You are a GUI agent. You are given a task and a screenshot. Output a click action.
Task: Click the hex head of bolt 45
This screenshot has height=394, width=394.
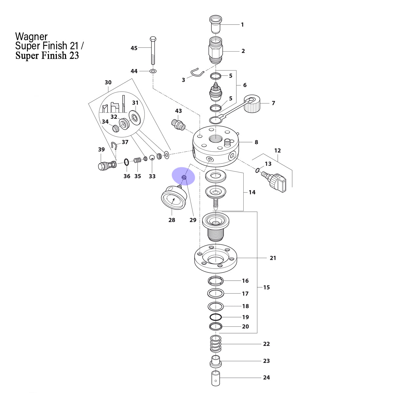click(x=153, y=39)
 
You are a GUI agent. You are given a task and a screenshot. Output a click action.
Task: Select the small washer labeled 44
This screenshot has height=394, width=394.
click(x=153, y=71)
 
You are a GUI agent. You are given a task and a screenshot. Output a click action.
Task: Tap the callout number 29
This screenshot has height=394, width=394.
click(x=193, y=220)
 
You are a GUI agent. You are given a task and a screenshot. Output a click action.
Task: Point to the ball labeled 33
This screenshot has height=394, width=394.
click(x=152, y=158)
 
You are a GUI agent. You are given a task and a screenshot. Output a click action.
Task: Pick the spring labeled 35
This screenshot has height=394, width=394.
click(x=138, y=160)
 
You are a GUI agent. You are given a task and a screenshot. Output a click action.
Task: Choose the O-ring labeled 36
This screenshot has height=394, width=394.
click(x=126, y=162)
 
